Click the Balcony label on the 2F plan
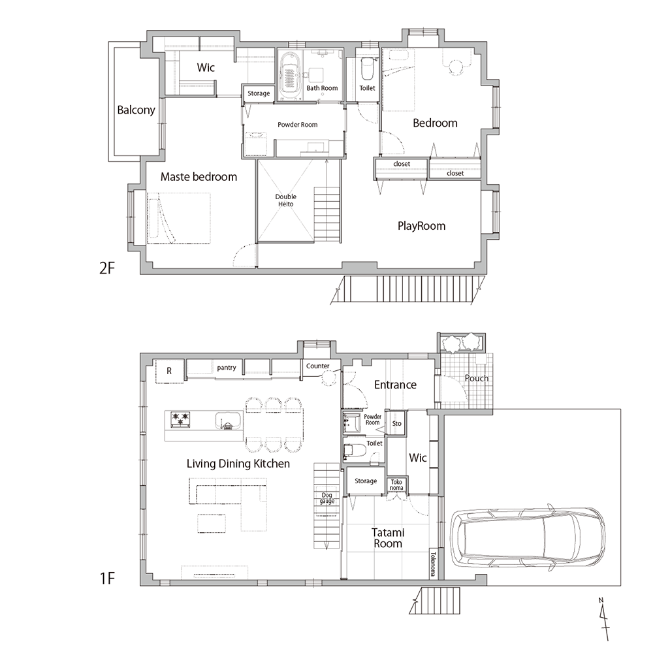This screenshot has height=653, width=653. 136,110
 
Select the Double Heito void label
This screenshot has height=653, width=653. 286,200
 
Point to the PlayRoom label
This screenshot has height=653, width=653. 421,226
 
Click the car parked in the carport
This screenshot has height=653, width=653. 528,537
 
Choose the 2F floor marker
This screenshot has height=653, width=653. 107,268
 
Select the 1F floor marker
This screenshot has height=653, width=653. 107,578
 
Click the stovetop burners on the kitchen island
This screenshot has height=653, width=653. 180,419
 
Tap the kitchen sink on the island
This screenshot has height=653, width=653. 227,420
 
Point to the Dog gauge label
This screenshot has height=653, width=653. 327,498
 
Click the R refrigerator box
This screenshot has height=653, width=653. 169,371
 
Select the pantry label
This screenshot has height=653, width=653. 227,368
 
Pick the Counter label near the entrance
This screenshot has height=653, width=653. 318,366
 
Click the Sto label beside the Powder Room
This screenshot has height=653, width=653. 397,424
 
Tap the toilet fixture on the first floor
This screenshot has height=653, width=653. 355,450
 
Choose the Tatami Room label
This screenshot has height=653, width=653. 388,538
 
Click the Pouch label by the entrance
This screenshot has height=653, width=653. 477,378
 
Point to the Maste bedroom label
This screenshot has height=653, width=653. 199,177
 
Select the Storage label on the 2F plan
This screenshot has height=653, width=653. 259,93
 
